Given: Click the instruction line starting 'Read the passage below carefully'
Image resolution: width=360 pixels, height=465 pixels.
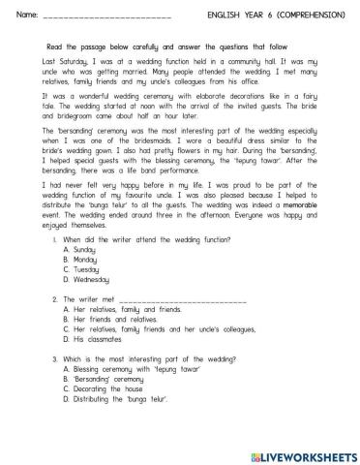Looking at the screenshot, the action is point(179,46).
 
